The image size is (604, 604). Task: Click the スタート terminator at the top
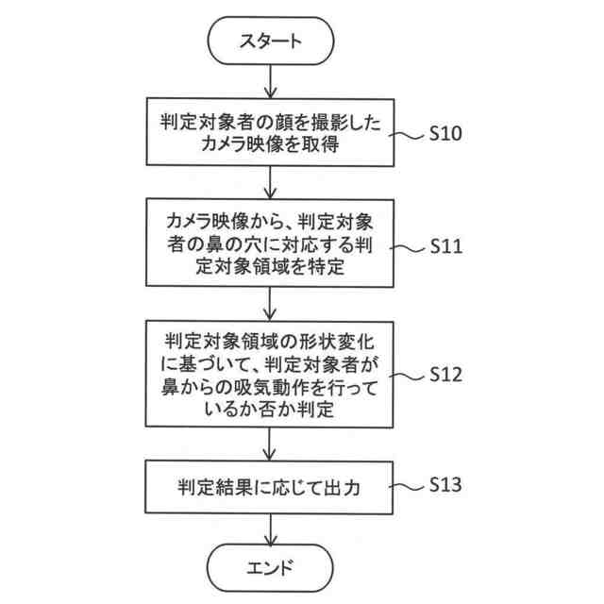tap(271, 41)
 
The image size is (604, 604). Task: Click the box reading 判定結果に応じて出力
tap(271, 487)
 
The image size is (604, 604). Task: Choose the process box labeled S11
tap(271, 244)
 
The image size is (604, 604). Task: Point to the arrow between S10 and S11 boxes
tap(271, 181)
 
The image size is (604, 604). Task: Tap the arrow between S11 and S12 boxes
tap(271, 304)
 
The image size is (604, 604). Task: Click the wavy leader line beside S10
tap(409, 134)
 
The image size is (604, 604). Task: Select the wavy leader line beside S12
tap(409, 374)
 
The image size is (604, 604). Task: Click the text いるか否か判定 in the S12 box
tap(271, 411)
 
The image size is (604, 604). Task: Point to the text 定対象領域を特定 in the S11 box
tap(271, 268)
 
